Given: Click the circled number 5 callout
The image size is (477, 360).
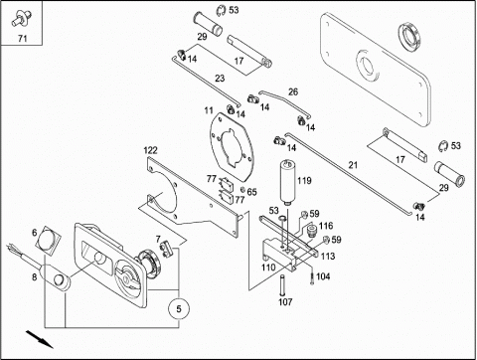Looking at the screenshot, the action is pyautogui.click(x=179, y=308).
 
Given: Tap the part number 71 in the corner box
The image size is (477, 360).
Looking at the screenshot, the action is pyautogui.click(x=22, y=39).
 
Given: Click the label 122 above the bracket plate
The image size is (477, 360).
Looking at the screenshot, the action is pyautogui.click(x=150, y=150).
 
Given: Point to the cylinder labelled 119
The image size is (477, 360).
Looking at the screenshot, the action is pyautogui.click(x=287, y=182).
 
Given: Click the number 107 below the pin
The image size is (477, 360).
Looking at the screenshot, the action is pyautogui.click(x=285, y=301).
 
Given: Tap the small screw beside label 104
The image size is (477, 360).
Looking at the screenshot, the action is pyautogui.click(x=312, y=278).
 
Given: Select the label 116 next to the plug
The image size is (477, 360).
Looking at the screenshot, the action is pyautogui.click(x=326, y=226).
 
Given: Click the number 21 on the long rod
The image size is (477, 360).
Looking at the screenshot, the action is pyautogui.click(x=353, y=164).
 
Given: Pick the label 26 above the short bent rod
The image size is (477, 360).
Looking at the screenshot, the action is pyautogui.click(x=293, y=91).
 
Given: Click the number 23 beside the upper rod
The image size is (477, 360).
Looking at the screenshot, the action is pyautogui.click(x=220, y=79).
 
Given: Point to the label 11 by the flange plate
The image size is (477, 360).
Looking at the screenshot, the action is pyautogui.click(x=209, y=110).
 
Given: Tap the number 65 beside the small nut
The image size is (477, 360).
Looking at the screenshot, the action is pyautogui.click(x=251, y=192).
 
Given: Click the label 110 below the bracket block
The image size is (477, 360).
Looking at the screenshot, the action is pyautogui.click(x=268, y=268).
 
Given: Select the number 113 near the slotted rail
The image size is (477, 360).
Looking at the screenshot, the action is pyautogui.click(x=328, y=256).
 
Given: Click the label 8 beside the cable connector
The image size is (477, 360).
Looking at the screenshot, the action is pyautogui.click(x=34, y=277).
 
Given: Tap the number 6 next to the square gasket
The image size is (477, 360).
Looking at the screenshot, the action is pyautogui.click(x=35, y=233).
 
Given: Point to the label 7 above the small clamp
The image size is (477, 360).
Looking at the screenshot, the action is pyautogui.click(x=158, y=239).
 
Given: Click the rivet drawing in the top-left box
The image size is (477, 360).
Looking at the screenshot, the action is pyautogui.click(x=21, y=18).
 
